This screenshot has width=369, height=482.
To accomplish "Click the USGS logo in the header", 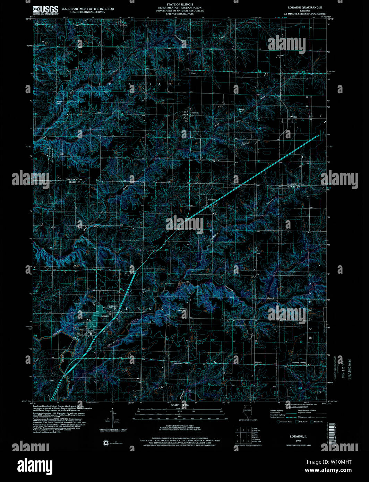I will click(x=46, y=9).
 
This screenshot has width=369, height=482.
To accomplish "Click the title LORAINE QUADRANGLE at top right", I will click(x=305, y=7).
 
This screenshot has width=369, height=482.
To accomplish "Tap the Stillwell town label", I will click(x=196, y=113).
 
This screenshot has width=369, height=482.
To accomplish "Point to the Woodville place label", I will click(x=212, y=200).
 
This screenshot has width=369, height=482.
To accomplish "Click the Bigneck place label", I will click(x=258, y=363).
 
